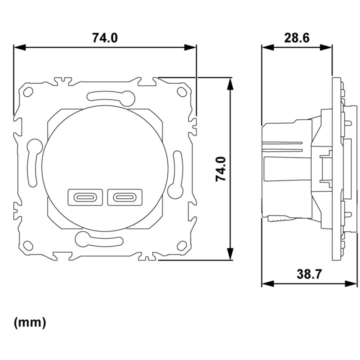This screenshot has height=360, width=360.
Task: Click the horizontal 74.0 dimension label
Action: click(105, 38)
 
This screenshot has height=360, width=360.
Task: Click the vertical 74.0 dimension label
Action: click(221, 169)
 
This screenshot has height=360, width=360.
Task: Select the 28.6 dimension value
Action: click(297, 38)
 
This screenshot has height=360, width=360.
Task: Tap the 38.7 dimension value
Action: click(309, 274)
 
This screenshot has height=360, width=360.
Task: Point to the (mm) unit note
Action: click(30, 322)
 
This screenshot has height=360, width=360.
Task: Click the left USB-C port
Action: click(85, 197)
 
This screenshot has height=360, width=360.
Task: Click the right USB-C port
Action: click(125, 197)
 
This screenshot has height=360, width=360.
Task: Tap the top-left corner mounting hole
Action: click(28, 92)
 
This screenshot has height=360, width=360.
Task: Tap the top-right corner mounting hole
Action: click(181, 91)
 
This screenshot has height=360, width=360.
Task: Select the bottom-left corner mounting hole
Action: click(28, 245)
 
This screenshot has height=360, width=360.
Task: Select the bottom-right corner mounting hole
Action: click(182, 245)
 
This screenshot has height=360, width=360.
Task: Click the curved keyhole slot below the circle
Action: click(99, 240)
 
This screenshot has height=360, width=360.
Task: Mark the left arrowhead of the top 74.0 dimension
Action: click(19, 47)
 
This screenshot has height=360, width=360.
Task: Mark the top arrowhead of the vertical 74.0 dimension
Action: click(230, 83)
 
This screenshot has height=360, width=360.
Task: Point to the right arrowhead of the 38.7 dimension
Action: click(351, 283)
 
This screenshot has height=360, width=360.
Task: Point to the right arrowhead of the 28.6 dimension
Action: click(326, 47)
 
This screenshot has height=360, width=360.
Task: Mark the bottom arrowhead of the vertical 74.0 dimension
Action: click(230, 254)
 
